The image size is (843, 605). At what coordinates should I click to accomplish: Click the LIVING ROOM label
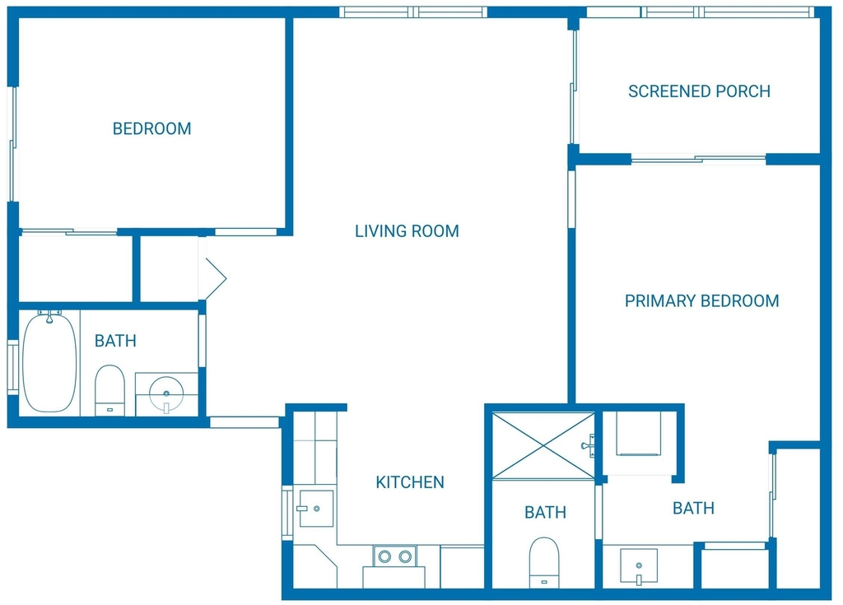[x=407, y=231]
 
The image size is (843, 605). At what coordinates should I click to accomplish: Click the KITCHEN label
[x=410, y=482]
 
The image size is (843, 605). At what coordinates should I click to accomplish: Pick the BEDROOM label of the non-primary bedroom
[x=151, y=128]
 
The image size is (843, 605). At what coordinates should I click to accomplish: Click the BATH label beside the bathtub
[x=115, y=341]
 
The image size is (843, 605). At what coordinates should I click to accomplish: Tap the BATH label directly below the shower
[x=545, y=513]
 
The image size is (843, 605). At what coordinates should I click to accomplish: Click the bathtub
[x=49, y=363]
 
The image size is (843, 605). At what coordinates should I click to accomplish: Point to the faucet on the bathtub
[x=49, y=316]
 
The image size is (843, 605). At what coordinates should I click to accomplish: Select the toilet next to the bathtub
[x=109, y=390]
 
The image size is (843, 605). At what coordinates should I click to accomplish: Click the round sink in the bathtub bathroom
[x=166, y=393]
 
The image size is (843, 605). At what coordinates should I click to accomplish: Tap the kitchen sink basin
[x=317, y=508]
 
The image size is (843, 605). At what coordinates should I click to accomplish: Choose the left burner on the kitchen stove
[x=384, y=556]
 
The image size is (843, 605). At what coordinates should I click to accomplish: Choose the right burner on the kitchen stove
[x=405, y=556]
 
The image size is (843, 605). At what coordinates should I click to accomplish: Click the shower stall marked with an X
[x=544, y=445]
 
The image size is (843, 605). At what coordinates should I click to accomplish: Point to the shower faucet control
[x=589, y=445]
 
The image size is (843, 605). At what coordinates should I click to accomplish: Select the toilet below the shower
[x=544, y=562]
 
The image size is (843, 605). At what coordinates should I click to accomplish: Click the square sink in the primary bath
[x=639, y=566]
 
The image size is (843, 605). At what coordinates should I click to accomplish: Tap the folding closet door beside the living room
[x=213, y=278]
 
